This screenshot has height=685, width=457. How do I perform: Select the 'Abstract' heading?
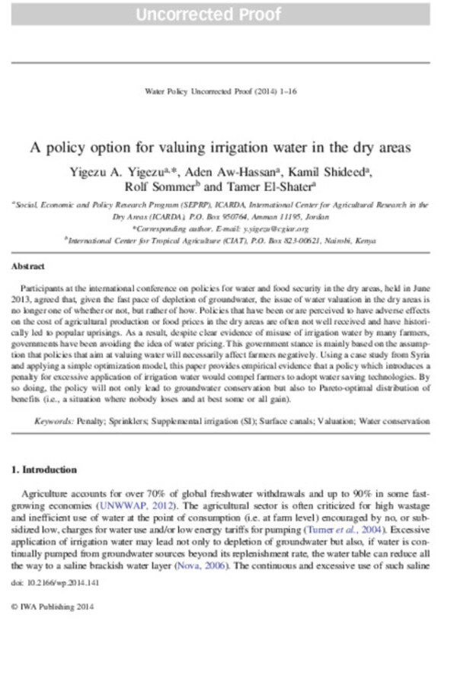(x=28, y=267)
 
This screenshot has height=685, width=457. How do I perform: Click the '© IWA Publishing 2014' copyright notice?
(x=52, y=607)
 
